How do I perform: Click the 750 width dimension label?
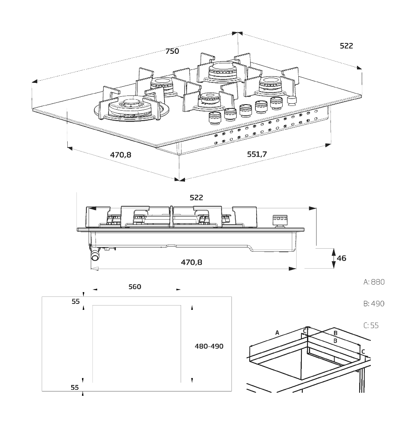[172, 51]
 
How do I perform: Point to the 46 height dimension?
[341, 258]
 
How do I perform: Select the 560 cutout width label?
[135, 287]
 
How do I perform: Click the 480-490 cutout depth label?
[209, 346]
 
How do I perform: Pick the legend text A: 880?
[374, 282]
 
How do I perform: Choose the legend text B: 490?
[374, 304]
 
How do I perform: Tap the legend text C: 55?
[371, 325]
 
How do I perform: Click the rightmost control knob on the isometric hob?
[291, 100]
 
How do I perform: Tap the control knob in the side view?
[279, 220]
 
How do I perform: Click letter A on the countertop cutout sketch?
[277, 333]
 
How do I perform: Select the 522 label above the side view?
[196, 197]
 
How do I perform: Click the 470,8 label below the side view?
[191, 262]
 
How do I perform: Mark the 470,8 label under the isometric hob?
[120, 155]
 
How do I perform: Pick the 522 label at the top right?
[346, 46]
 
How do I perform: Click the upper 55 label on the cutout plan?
[76, 302]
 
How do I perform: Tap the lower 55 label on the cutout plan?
[76, 387]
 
